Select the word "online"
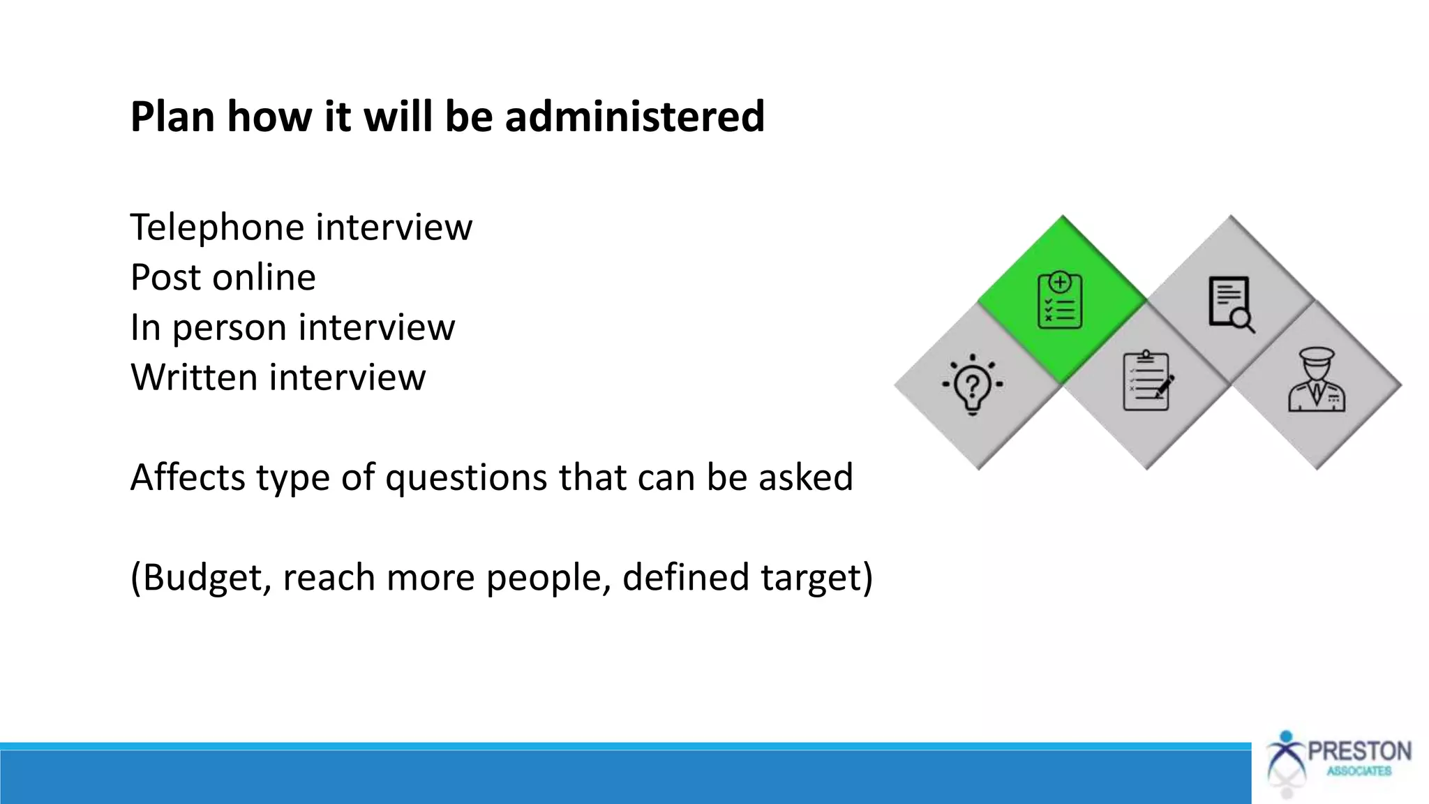point(264,278)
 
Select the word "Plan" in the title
point(172,117)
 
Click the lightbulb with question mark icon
point(972,385)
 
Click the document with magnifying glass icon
point(1231,304)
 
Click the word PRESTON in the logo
point(1359,751)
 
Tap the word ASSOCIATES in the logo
point(1359,771)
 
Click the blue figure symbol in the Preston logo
point(1285,758)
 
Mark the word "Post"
point(165,278)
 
